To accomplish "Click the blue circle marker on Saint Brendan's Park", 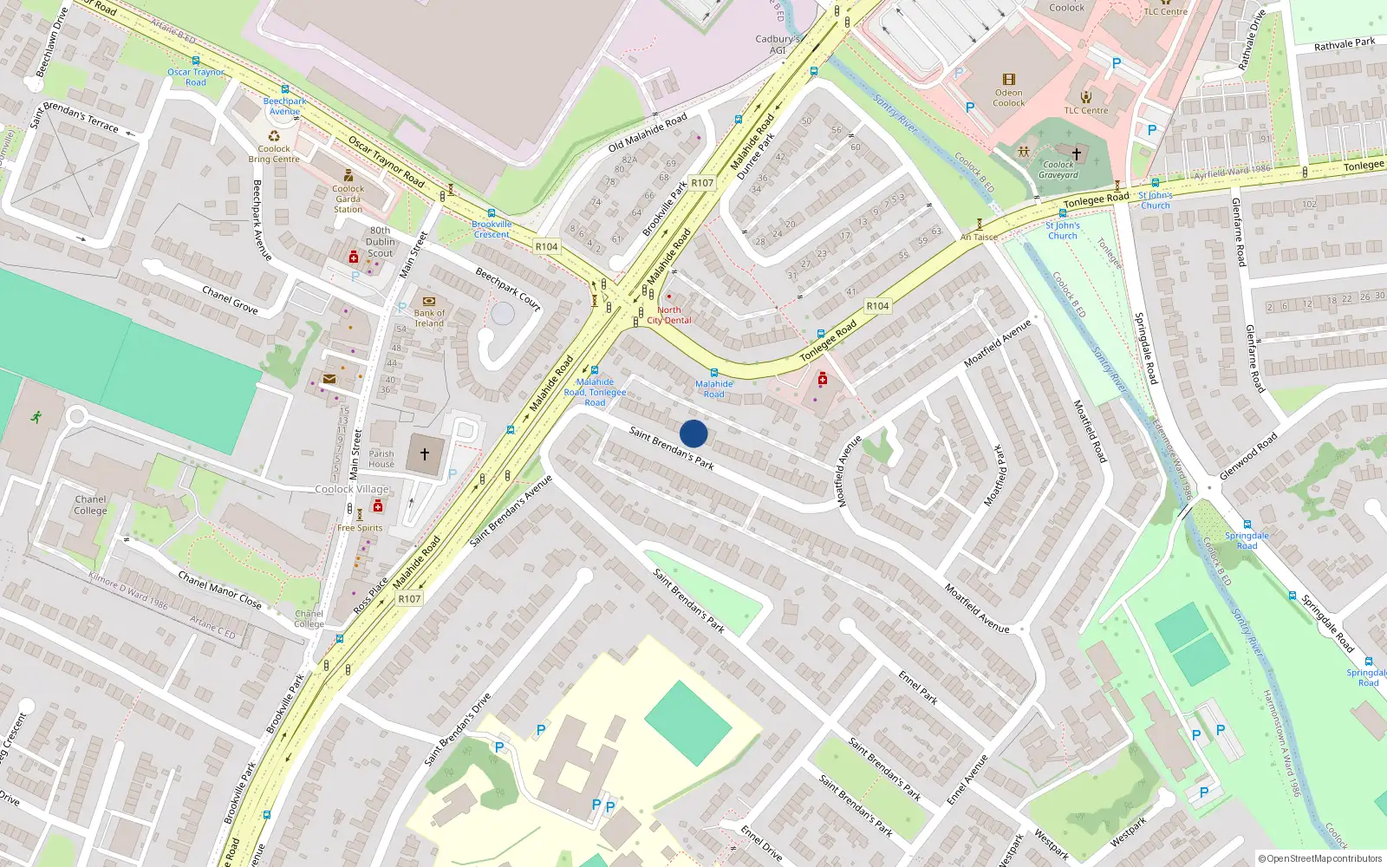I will pyautogui.click(x=693, y=433).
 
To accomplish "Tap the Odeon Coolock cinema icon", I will pyautogui.click(x=1008, y=80).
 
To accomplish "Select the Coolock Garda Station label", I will pyautogui.click(x=348, y=199).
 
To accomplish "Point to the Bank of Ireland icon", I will pyautogui.click(x=428, y=301).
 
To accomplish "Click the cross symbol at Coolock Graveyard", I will pyautogui.click(x=1076, y=153).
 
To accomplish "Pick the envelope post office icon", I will pyautogui.click(x=329, y=379).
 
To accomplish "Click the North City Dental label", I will pyautogui.click(x=669, y=315).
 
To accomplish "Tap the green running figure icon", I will pyautogui.click(x=36, y=417).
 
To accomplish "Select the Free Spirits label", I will pyautogui.click(x=360, y=528).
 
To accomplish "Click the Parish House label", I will pyautogui.click(x=381, y=459).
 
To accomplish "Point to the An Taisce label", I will pyautogui.click(x=979, y=237).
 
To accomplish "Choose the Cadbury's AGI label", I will pyautogui.click(x=778, y=44).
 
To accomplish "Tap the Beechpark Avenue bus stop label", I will pyautogui.click(x=284, y=106).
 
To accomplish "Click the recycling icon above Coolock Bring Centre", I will pyautogui.click(x=274, y=135).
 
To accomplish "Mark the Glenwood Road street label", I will pyautogui.click(x=1248, y=457).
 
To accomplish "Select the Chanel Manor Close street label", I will pyautogui.click(x=219, y=590).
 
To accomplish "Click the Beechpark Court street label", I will pyautogui.click(x=508, y=289).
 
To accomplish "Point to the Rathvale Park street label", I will pyautogui.click(x=1345, y=43).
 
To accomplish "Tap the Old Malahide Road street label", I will pyautogui.click(x=648, y=132).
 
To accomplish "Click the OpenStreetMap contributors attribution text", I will pyautogui.click(x=1321, y=858).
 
